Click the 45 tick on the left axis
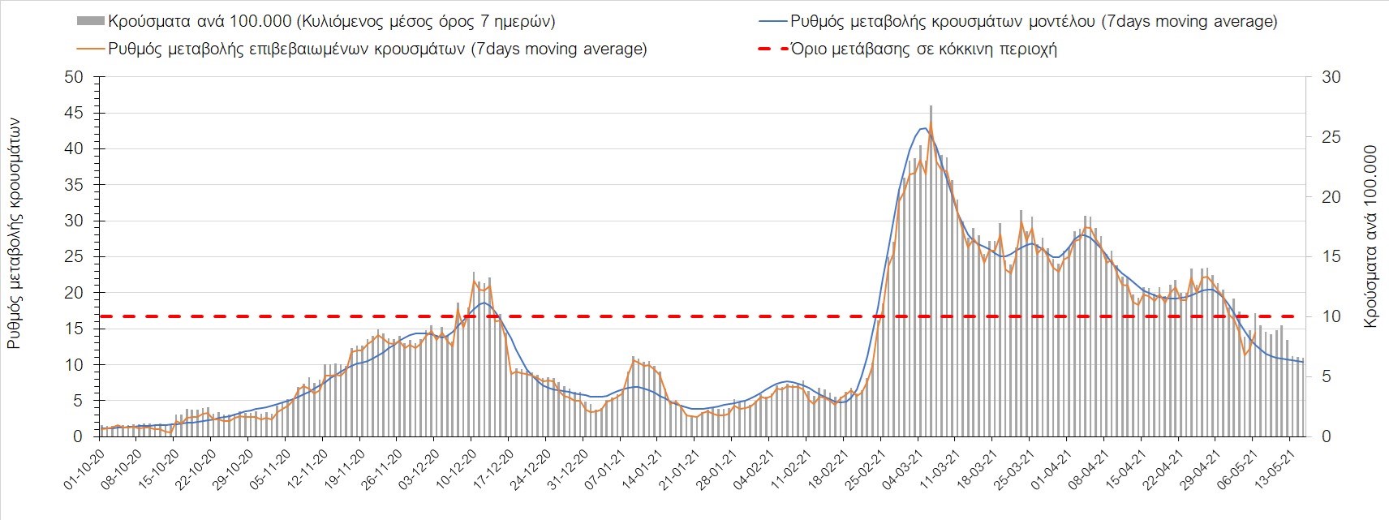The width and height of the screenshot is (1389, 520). (74, 113)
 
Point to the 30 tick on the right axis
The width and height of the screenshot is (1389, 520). (1331, 77)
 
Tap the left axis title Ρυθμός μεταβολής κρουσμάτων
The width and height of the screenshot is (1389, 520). (14, 233)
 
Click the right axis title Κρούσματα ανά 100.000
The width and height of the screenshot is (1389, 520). (1371, 237)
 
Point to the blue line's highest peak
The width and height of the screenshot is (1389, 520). (923, 128)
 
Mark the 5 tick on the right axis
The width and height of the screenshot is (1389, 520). (1327, 376)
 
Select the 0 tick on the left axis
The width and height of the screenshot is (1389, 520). (78, 436)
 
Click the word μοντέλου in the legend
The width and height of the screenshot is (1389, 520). (1058, 22)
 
